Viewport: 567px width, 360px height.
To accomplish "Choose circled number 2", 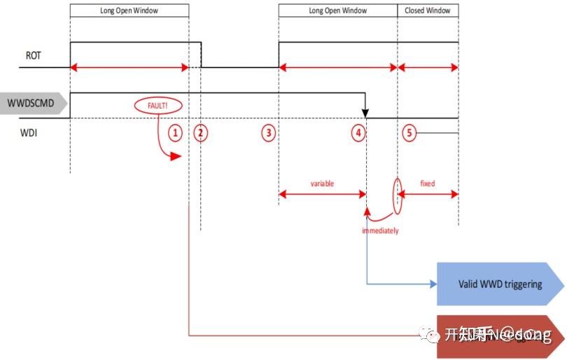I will tap(201, 132).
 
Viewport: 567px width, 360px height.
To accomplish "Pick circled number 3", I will tap(268, 132).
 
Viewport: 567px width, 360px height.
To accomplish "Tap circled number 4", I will tap(358, 132).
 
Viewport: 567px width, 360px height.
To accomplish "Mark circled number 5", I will tap(409, 132).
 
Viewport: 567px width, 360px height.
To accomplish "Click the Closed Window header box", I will tap(428, 11).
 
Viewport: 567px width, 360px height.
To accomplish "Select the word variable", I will tap(322, 184).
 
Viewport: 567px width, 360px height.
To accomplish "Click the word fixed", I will tap(427, 184).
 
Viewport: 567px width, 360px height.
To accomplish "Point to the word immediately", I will tap(380, 230).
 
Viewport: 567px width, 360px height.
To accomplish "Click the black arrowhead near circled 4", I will tap(365, 112).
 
